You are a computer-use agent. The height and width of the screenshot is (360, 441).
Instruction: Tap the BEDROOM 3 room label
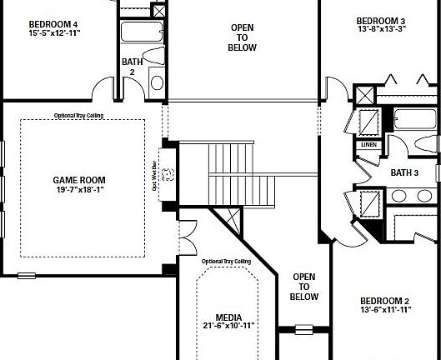(x=381, y=21)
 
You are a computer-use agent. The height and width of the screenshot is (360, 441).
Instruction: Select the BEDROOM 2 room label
(x=383, y=301)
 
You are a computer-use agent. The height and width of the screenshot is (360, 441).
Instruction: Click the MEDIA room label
(x=228, y=317)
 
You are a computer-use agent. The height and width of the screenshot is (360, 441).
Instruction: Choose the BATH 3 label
(x=404, y=172)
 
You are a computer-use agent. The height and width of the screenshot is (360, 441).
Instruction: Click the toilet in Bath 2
(x=156, y=82)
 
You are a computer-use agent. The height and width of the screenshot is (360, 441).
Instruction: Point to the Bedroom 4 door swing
(x=104, y=87)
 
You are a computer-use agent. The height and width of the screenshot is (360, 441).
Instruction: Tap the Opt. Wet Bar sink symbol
(x=168, y=174)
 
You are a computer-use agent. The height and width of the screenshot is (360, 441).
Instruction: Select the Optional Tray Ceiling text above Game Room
(x=79, y=115)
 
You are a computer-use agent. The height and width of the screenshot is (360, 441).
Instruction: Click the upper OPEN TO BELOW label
(x=243, y=37)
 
